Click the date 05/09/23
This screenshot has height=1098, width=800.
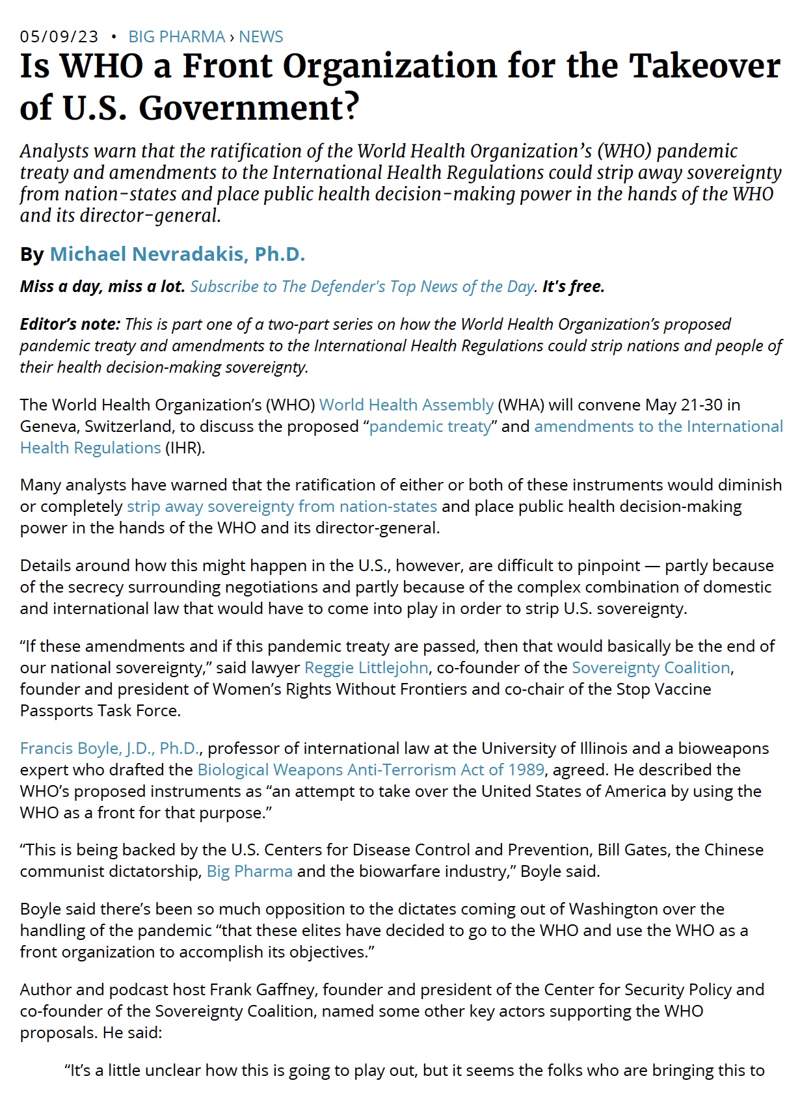(59, 36)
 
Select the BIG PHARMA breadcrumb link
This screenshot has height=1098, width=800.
(176, 36)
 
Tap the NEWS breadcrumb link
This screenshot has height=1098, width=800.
(261, 36)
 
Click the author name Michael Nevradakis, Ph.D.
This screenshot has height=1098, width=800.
(178, 254)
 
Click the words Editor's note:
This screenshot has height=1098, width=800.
(70, 324)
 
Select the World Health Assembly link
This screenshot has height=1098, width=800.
(407, 405)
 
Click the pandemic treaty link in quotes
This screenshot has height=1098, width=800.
(430, 426)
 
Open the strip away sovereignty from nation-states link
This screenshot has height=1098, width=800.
(282, 506)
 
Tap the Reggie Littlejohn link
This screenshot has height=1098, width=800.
(366, 667)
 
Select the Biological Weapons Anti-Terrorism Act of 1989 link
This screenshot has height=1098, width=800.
(371, 770)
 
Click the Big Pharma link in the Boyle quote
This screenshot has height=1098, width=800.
(250, 871)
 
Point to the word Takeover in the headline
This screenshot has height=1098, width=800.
(706, 66)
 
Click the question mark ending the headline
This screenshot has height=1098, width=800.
(351, 107)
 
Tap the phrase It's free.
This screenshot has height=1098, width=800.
(573, 286)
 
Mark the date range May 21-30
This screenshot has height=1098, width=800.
(684, 405)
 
